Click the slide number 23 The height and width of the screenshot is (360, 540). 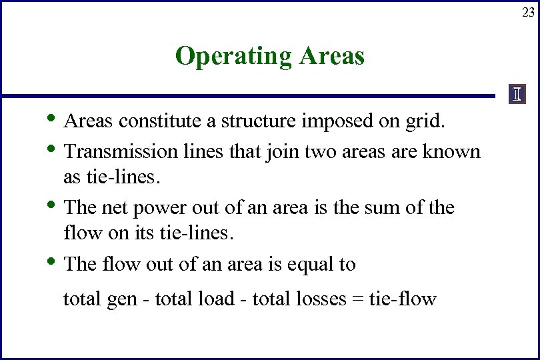pyautogui.click(x=528, y=12)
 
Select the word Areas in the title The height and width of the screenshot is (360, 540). pyautogui.click(x=332, y=56)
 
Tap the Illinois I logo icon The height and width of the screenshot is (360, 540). pyautogui.click(x=517, y=95)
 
